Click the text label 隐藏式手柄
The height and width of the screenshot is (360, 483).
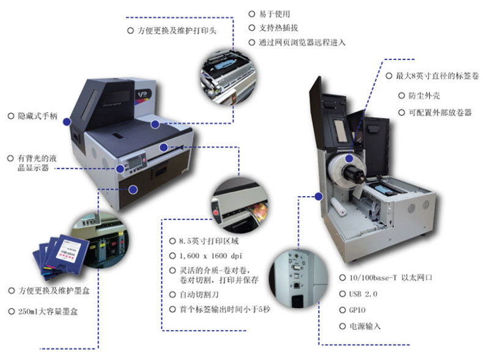(x=37, y=116)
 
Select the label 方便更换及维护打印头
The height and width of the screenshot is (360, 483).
(x=177, y=30)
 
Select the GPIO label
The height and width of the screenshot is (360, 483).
(x=359, y=310)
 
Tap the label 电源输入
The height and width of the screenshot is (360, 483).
(x=364, y=326)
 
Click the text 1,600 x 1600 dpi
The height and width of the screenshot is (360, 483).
(x=211, y=255)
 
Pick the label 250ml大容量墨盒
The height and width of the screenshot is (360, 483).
(x=48, y=311)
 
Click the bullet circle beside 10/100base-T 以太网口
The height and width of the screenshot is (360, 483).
(x=342, y=277)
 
